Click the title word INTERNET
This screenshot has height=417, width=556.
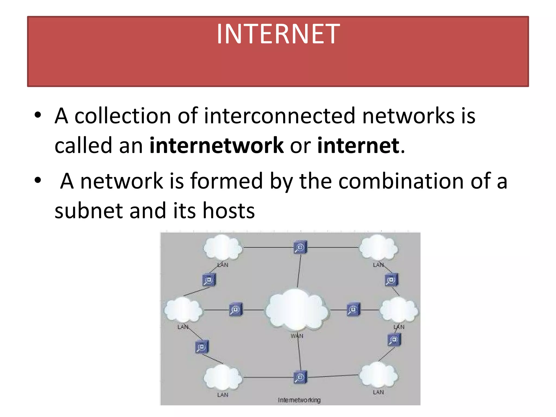pos(278,34)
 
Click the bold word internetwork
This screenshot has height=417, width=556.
pos(216,146)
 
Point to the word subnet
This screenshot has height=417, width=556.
pos(89,211)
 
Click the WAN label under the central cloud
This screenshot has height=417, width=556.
pos(297,336)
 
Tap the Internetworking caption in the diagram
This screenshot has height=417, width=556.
pos(299,400)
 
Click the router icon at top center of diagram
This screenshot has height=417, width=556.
pos(300,247)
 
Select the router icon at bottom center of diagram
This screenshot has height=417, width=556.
pos(300,377)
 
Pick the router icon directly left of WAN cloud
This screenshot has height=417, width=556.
pos(236,309)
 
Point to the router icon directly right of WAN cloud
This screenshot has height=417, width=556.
pos(353,309)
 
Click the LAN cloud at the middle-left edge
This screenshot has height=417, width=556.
pos(183,310)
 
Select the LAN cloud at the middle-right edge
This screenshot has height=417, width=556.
pos(399,310)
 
